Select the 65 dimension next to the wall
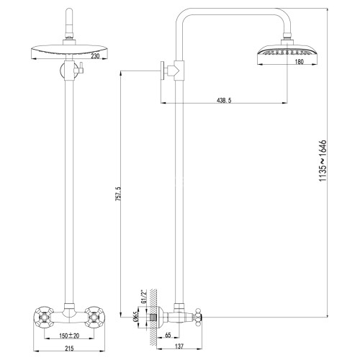(167, 335)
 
